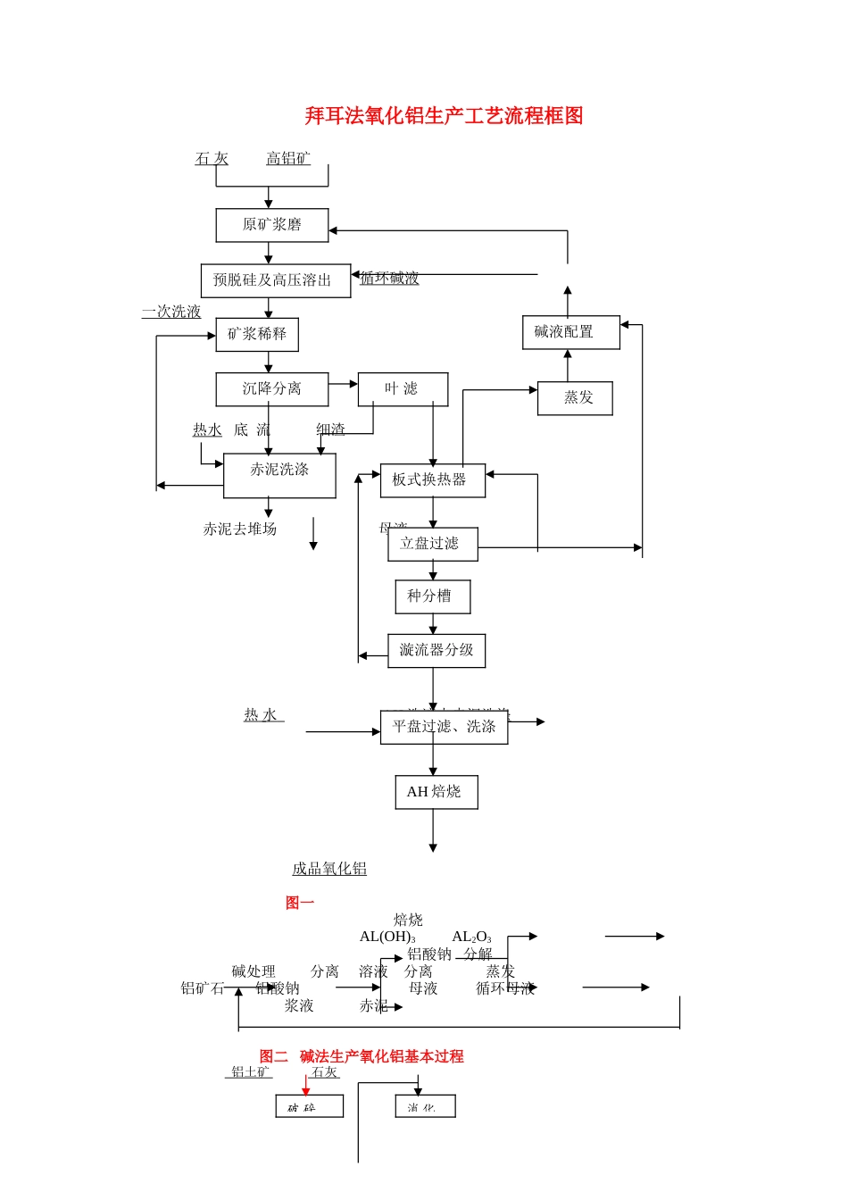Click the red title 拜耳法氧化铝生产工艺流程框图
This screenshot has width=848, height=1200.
444,115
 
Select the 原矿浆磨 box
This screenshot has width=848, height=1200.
271,225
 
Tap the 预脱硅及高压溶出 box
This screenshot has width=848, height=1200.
275,280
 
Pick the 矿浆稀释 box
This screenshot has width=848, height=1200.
257,335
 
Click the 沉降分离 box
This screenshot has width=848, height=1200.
271,389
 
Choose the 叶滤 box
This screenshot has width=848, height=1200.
403,389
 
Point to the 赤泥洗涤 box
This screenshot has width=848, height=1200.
279,475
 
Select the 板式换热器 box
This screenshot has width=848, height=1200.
432,480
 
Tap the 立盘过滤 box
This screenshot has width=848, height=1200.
432,544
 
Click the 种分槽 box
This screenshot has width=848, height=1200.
432,596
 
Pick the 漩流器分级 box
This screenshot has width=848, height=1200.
436,651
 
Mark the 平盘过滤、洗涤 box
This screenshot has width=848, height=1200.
444,728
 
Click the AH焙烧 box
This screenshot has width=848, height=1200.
436,792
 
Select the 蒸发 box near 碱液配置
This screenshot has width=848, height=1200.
575,398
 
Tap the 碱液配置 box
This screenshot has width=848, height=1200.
570,332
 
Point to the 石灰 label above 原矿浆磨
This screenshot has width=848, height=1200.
212,159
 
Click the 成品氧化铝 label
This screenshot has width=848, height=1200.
329,869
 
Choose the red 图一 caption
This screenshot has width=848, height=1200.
300,903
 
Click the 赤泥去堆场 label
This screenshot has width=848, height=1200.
239,529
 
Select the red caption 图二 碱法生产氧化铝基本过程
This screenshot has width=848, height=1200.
362,1056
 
